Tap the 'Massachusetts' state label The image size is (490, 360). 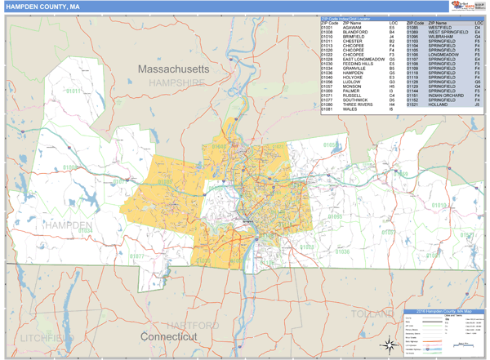(x=172, y=69)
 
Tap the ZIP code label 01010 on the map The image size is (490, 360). (x=439, y=206)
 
